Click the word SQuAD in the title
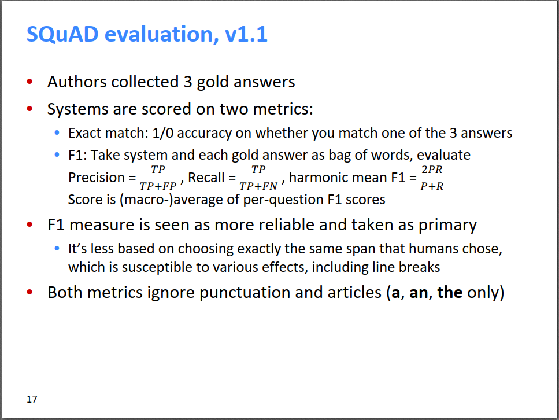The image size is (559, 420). [x=62, y=34]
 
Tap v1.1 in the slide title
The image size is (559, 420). [x=246, y=34]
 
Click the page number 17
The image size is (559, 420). [x=32, y=399]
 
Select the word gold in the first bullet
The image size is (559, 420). [x=213, y=82]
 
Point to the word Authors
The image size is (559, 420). [x=77, y=82]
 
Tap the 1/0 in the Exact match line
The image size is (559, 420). [x=162, y=132]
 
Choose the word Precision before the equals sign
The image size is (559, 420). [x=97, y=178]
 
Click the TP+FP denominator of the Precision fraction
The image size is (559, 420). [x=158, y=186]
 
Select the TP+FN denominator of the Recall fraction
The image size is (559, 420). [x=258, y=186]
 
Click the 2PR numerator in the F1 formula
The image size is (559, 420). [x=432, y=170]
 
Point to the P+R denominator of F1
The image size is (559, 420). [x=432, y=186]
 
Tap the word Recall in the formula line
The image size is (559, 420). [x=206, y=178]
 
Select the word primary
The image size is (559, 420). [x=447, y=225]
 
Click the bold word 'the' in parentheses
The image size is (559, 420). [x=450, y=292]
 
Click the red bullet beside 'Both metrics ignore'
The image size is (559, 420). [x=30, y=292]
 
